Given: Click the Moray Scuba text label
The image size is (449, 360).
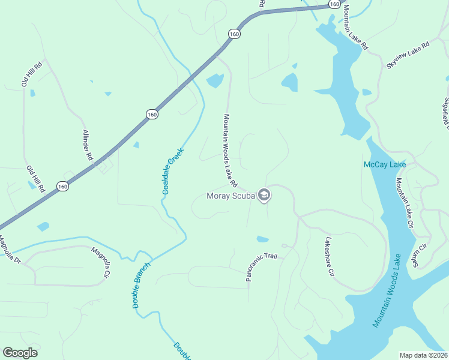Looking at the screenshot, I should (231, 196).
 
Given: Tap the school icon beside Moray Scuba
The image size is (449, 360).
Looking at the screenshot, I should (264, 196).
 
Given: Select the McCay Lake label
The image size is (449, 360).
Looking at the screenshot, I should (385, 164).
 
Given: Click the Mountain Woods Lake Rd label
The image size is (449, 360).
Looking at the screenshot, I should (231, 151).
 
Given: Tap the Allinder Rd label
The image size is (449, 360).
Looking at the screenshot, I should (88, 145).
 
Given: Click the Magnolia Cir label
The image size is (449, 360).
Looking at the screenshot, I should (100, 263).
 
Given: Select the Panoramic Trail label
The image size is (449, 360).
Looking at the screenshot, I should (262, 267).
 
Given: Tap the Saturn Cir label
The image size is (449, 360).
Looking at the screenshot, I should (423, 256).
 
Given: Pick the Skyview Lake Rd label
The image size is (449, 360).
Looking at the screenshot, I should (408, 54).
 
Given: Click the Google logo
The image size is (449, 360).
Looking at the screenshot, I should (20, 352).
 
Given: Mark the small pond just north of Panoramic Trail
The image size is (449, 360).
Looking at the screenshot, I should (262, 239).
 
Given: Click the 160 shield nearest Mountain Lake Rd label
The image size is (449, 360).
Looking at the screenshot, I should (334, 4).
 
